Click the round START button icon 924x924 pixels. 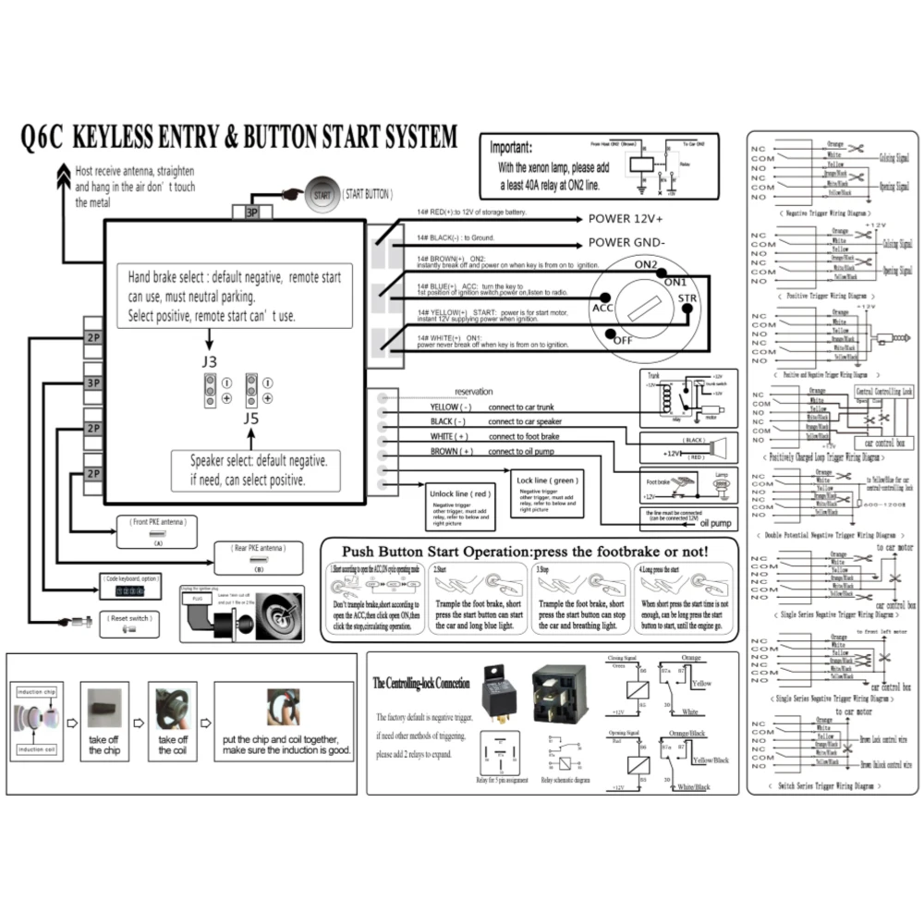coord(322,195)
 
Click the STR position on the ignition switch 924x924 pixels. coord(687,298)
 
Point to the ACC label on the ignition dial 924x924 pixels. coord(603,308)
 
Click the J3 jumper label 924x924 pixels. coord(210,361)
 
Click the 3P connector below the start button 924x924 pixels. coord(250,212)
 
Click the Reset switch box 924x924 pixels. coord(128,623)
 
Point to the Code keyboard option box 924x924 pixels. coord(130,585)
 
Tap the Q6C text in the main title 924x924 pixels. coord(43,138)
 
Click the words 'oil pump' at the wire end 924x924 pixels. coord(715,523)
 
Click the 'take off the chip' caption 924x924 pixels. coord(104,745)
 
